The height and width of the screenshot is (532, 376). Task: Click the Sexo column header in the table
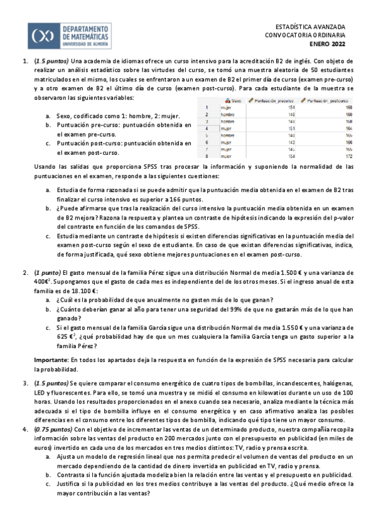click(234, 100)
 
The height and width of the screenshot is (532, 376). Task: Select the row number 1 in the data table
click(207, 107)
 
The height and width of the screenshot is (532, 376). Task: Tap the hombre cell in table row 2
click(228, 114)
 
